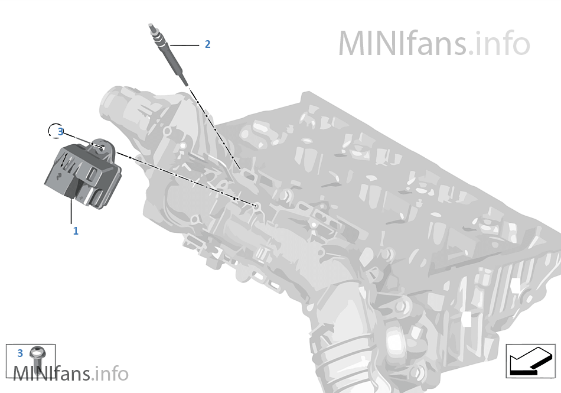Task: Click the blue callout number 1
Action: coord(76,231)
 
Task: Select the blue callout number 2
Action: coord(207,44)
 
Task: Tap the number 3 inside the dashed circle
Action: coord(60,132)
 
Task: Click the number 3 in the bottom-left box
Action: coord(20,353)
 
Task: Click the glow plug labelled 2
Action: coord(168,54)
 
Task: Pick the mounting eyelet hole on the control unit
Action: coord(102,148)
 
